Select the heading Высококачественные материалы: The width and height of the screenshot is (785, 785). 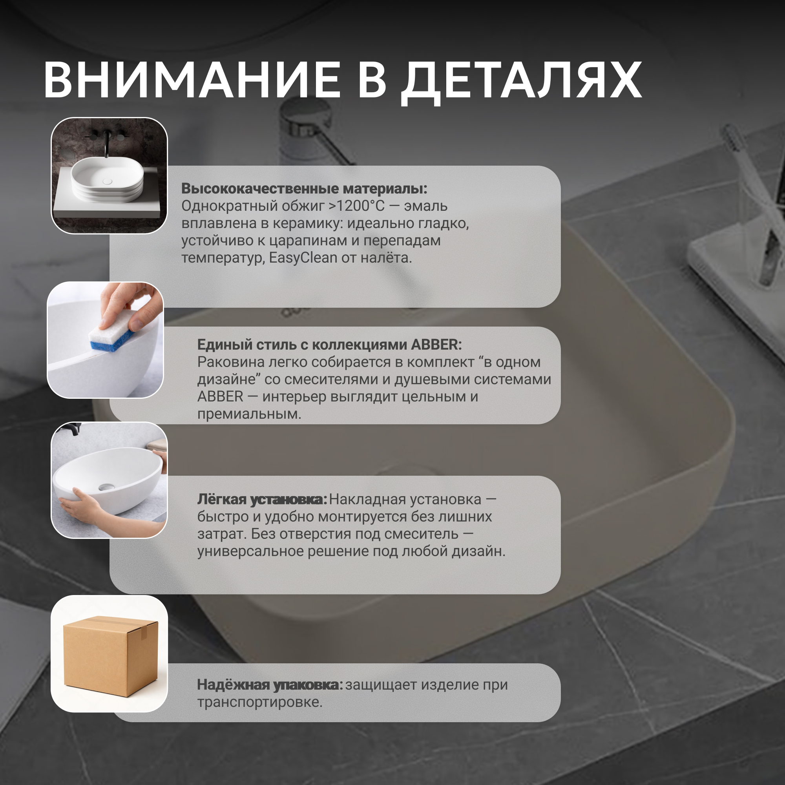tap(304, 188)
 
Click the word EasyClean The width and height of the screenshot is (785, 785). tap(303, 258)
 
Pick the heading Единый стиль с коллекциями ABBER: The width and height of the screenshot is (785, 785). tap(330, 345)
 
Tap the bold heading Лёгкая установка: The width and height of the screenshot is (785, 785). tap(262, 499)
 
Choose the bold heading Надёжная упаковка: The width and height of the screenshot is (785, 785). tap(270, 685)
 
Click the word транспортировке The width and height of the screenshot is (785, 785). tap(260, 702)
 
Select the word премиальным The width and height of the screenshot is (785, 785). tap(250, 414)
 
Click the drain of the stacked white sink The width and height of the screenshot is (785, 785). tap(107, 181)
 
